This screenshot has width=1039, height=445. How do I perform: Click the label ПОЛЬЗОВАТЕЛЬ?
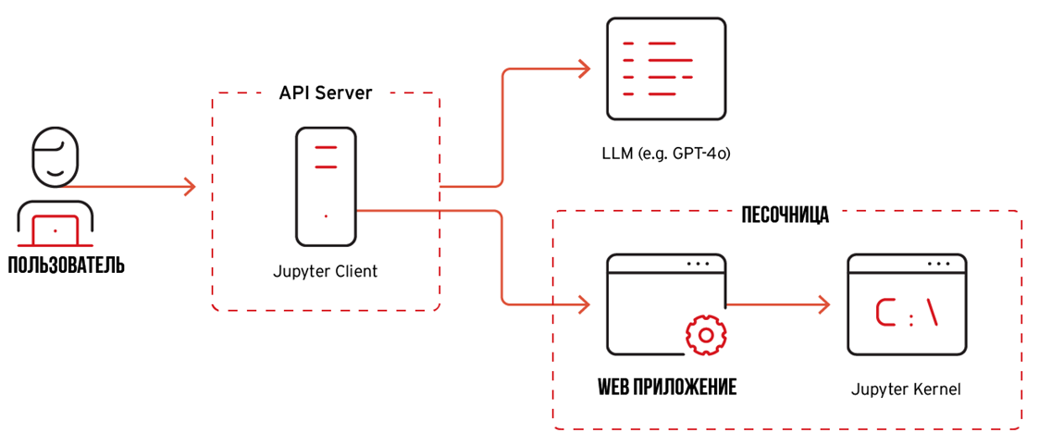[x=65, y=266]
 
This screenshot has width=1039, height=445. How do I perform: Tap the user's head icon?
[x=56, y=157]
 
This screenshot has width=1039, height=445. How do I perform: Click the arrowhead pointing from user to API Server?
[x=189, y=187]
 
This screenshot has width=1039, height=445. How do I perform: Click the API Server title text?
[x=326, y=93]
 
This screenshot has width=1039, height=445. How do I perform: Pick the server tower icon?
[x=326, y=185]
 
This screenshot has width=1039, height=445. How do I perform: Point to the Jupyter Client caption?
[x=326, y=272]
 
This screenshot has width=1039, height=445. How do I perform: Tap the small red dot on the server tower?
[x=326, y=216]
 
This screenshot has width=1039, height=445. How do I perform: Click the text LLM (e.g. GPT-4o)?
[x=665, y=153]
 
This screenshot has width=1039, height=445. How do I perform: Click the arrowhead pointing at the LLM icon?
[x=583, y=68]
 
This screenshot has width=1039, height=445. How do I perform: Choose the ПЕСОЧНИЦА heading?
[x=785, y=216]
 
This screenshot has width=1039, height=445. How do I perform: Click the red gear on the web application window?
[x=705, y=335]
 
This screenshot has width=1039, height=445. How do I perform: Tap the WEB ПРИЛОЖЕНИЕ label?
[x=666, y=387]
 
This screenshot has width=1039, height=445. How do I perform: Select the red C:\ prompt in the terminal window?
[x=908, y=315]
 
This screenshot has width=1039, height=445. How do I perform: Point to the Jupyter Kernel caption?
[x=906, y=389]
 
